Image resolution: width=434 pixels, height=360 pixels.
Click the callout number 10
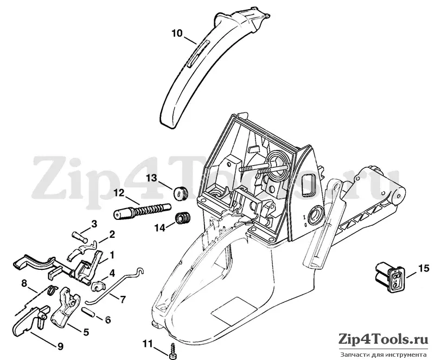pyautogui.click(x=177, y=34)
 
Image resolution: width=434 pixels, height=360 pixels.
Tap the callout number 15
pyautogui.click(x=424, y=268)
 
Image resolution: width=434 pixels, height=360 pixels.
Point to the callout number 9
pyautogui.click(x=60, y=346)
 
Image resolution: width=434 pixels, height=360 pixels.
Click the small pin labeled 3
pyautogui.click(x=80, y=237)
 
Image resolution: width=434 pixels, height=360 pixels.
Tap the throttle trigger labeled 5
pyautogui.click(x=66, y=308)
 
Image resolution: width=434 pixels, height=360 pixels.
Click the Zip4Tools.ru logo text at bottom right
pyautogui.click(x=384, y=340)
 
